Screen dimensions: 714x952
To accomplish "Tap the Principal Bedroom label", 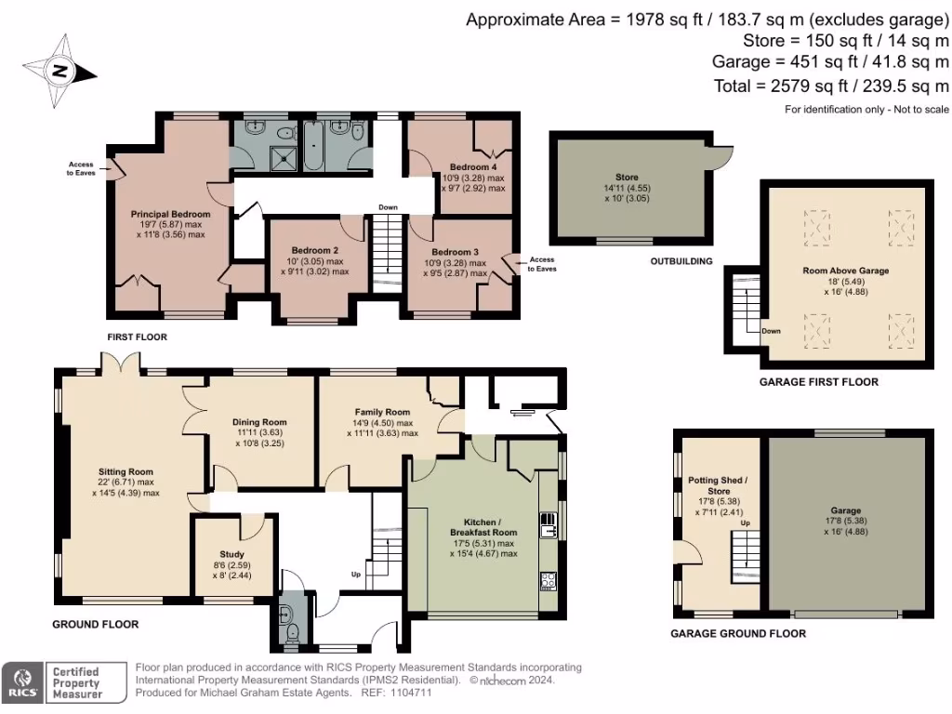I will [170, 214].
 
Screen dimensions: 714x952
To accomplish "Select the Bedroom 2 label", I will [314, 251].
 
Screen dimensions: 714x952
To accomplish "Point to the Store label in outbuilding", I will [627, 177].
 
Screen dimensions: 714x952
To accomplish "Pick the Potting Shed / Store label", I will [717, 485].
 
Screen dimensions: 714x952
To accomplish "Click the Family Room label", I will [382, 412].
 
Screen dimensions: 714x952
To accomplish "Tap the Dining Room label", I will [259, 422].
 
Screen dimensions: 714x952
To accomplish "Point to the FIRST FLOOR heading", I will [137, 337].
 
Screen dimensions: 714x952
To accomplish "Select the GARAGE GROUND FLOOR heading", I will [738, 633].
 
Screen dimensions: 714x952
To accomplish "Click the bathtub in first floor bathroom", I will [313, 149].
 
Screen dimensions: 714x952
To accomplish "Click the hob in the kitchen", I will [547, 582].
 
